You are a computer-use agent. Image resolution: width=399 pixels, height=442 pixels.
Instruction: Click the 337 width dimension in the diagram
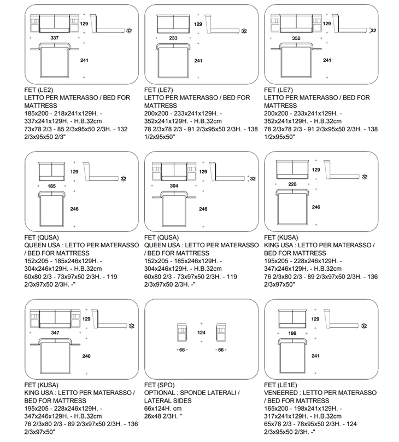[x=54, y=38]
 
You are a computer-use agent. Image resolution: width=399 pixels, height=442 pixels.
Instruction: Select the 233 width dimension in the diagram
[x=173, y=38]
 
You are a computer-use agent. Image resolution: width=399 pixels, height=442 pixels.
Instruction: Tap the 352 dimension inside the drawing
[x=296, y=38]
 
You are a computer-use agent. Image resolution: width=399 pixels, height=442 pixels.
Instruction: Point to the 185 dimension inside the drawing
[x=51, y=186]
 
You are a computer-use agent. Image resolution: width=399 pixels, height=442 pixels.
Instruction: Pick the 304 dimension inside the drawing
[x=174, y=186]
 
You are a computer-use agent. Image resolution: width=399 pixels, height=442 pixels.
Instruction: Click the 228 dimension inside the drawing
[x=292, y=184]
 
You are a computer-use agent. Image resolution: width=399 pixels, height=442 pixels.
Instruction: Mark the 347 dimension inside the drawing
[x=55, y=333]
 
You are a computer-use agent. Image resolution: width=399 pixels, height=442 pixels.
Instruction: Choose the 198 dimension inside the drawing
[x=292, y=333]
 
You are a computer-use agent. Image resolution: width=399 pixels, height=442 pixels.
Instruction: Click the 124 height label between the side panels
[x=201, y=333]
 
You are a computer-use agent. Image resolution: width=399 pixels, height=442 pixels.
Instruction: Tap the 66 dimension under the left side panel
[x=182, y=350]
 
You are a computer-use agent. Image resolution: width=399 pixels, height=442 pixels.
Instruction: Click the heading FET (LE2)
[x=39, y=90]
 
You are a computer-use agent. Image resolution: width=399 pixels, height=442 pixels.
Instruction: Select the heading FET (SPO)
[x=160, y=385]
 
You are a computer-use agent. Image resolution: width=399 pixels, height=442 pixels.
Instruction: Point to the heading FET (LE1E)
[x=280, y=385]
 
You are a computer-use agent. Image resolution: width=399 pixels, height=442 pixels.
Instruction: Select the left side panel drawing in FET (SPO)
[x=182, y=333]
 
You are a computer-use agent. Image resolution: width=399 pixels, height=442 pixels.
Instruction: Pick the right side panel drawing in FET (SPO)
[x=221, y=333]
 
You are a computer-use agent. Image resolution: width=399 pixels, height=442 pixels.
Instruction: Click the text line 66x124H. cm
[x=163, y=409]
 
